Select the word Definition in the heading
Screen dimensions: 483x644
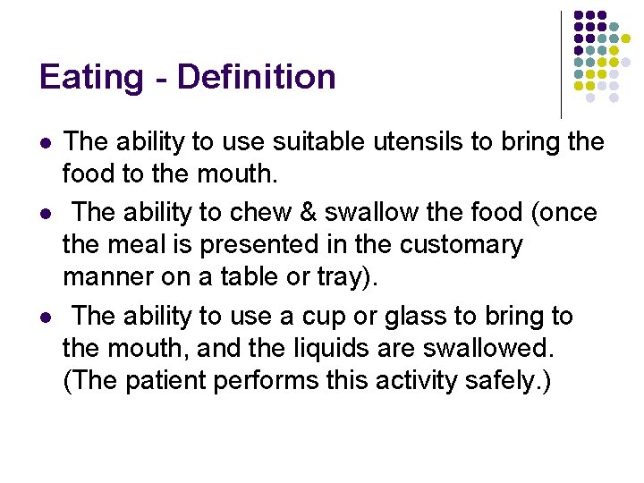click(256, 78)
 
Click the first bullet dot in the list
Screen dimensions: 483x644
click(46, 142)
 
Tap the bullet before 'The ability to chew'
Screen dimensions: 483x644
click(46, 213)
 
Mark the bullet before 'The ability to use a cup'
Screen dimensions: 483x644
click(46, 318)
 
